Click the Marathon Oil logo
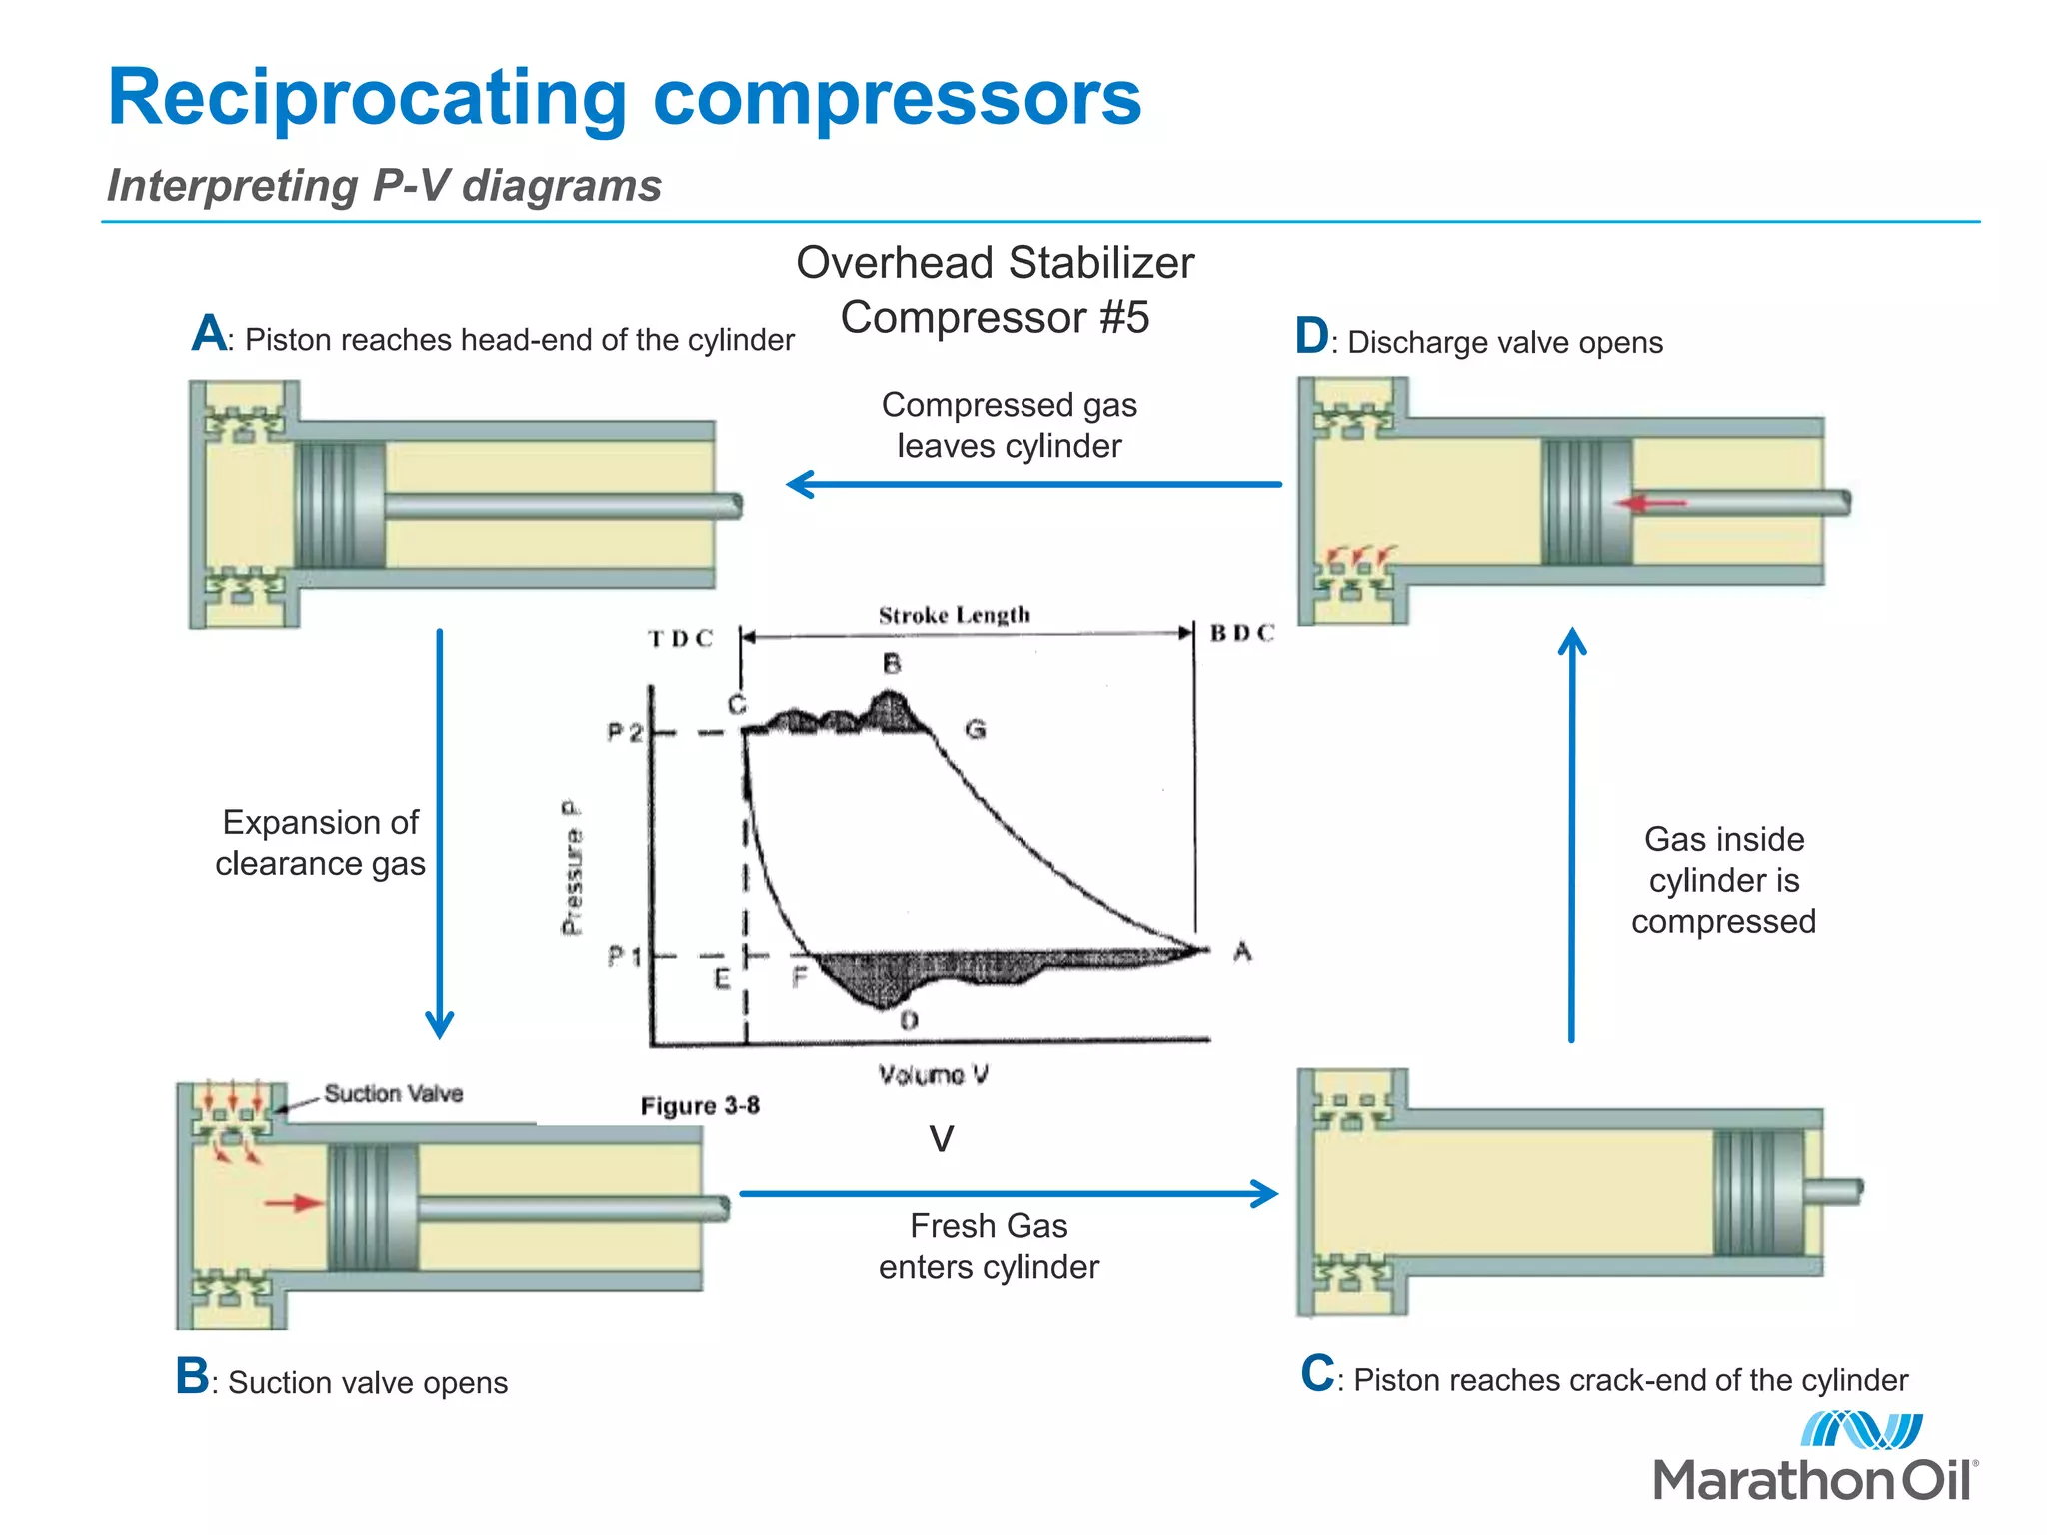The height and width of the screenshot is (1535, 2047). click(1814, 1459)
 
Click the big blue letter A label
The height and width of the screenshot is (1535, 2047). click(210, 333)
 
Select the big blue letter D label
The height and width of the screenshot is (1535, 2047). click(1311, 336)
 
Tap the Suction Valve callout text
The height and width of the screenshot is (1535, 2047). click(393, 1094)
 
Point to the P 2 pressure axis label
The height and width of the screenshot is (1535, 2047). click(625, 733)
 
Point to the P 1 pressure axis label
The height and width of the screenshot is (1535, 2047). click(625, 957)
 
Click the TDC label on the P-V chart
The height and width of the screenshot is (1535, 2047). click(680, 639)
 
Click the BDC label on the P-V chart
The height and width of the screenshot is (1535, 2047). click(1242, 633)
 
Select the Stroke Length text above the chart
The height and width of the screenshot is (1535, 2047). click(954, 615)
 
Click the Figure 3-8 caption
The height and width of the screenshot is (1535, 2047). click(700, 1106)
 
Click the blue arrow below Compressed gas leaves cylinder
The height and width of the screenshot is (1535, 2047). click(1033, 485)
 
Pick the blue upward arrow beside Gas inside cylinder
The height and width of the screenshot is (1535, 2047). click(1572, 834)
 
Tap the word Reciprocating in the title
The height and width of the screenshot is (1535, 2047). click(367, 98)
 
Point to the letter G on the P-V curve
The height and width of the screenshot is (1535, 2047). click(976, 729)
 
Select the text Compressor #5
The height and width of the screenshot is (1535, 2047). click(995, 318)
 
